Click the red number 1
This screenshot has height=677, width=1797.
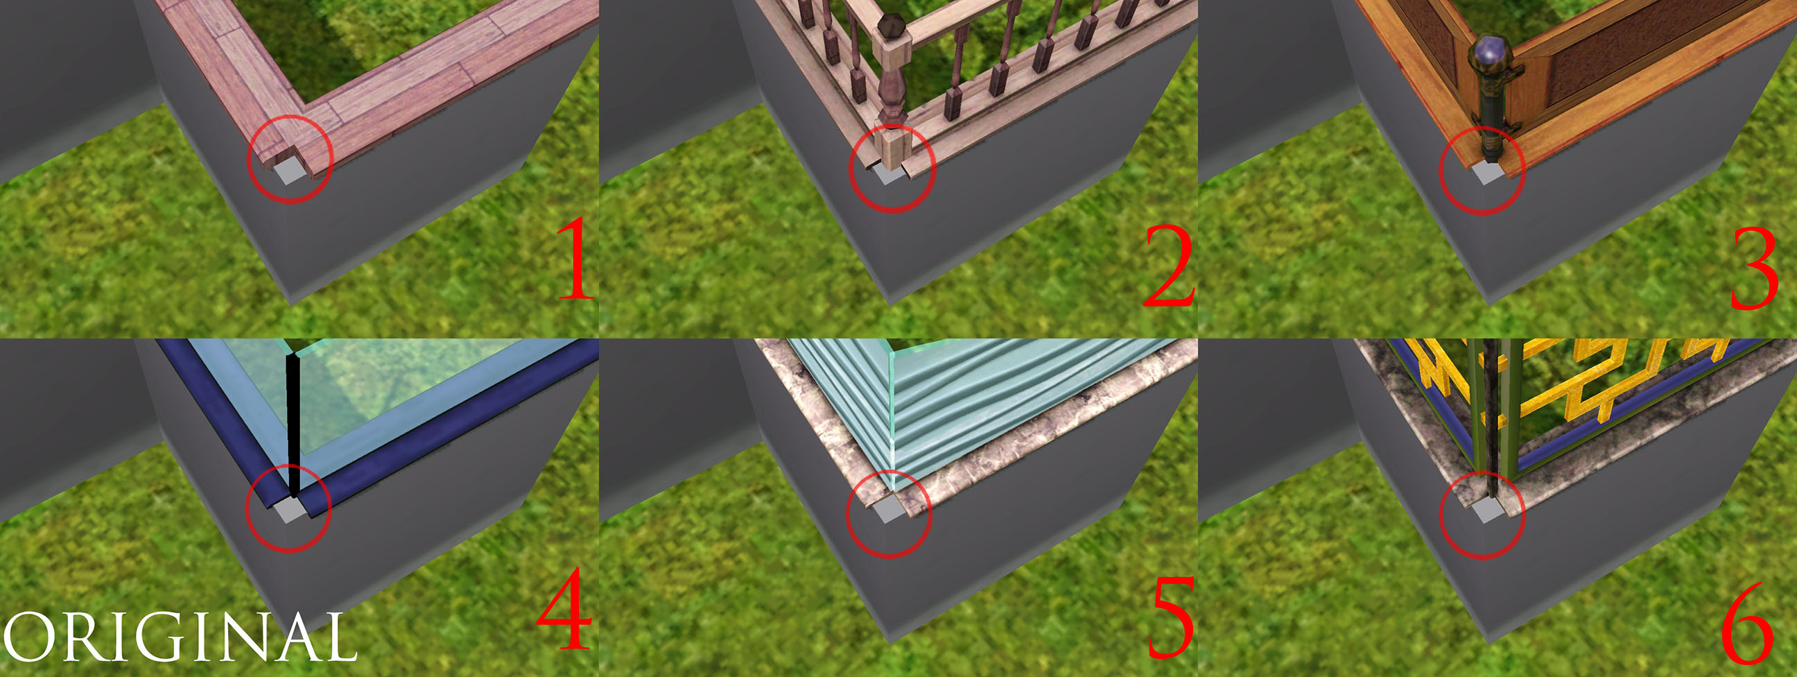[576, 258]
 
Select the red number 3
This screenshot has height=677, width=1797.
[1755, 268]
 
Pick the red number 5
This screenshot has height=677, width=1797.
[1170, 617]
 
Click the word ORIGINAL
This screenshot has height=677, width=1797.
[180, 637]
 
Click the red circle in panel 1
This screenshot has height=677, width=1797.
[290, 160]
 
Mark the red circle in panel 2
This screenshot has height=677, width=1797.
[892, 168]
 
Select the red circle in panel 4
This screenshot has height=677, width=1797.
[288, 508]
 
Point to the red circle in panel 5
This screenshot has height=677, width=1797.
[889, 515]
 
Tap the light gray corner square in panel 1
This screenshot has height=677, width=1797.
[288, 172]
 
